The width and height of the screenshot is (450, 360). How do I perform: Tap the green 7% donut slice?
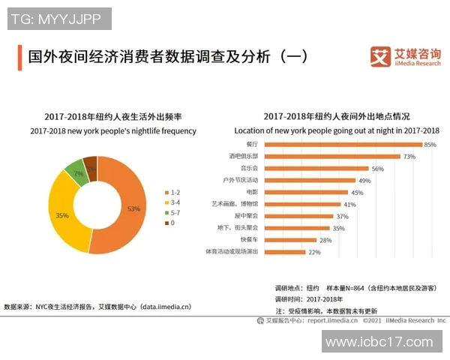[76, 172]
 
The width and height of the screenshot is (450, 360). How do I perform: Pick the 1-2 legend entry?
[174, 193]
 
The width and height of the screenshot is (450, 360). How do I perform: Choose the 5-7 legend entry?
[174, 213]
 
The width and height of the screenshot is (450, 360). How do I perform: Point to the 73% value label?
[409, 157]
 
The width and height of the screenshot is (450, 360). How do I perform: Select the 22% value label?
[315, 252]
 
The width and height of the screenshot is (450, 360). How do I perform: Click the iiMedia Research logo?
[406, 56]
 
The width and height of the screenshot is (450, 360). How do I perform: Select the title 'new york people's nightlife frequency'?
[113, 131]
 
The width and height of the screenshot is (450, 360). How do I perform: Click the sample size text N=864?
[349, 288]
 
